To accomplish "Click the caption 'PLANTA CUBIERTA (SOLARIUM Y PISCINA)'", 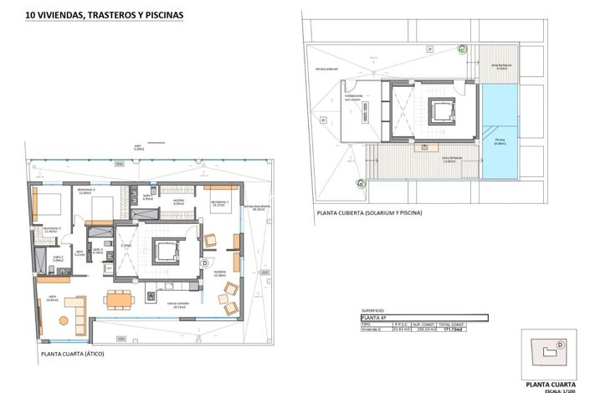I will [369, 212].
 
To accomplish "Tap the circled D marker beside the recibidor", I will [205, 262].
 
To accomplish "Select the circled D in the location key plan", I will [560, 344].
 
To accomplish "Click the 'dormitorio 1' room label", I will [220, 202].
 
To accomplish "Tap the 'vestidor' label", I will [178, 201].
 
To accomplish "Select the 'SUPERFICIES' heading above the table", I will [373, 309].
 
